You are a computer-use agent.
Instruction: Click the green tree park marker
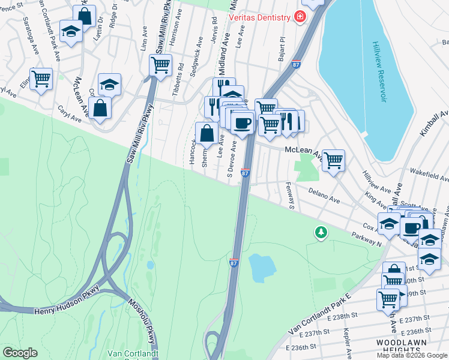tap(322, 232)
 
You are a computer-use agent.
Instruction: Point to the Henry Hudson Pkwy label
tap(61, 310)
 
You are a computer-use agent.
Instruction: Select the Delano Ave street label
tap(324, 194)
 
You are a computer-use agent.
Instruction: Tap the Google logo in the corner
tap(20, 352)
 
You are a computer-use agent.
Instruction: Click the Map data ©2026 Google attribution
tap(411, 355)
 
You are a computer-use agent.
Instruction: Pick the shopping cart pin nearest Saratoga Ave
tap(41, 78)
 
